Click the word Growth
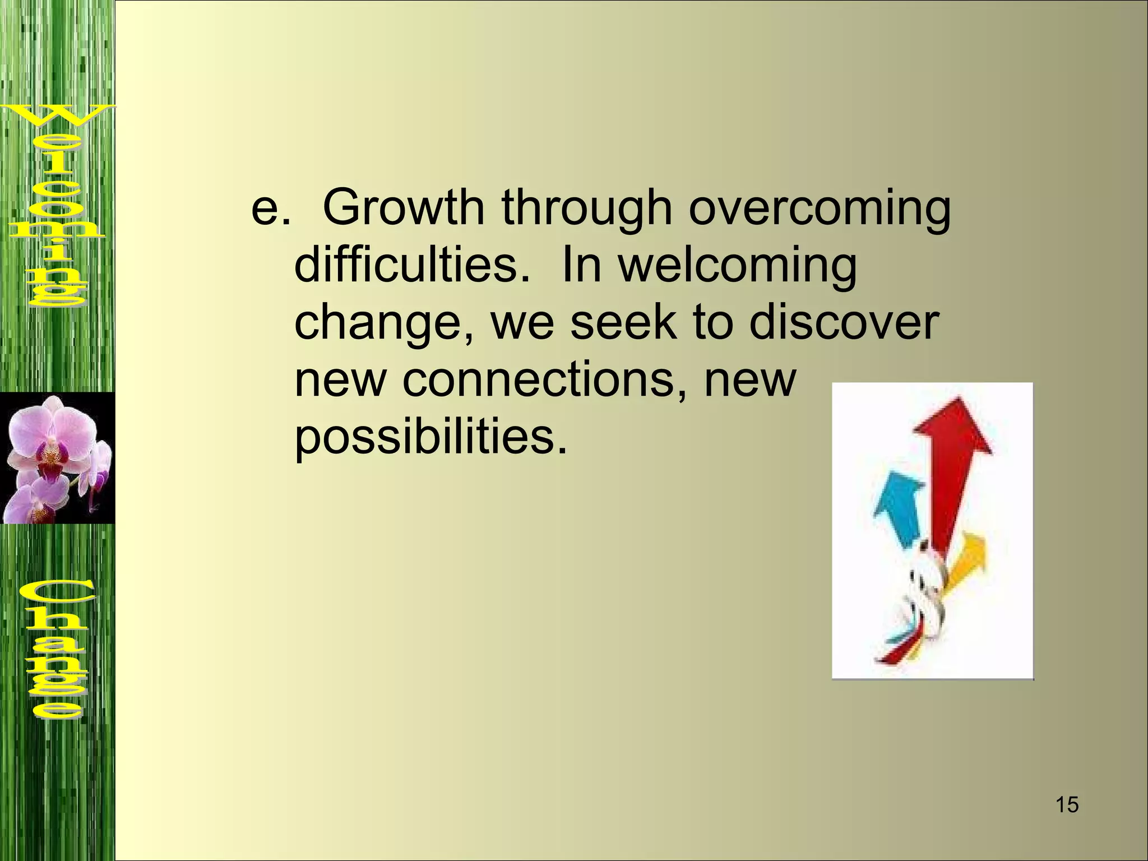(404, 209)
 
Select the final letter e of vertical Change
(56, 709)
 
